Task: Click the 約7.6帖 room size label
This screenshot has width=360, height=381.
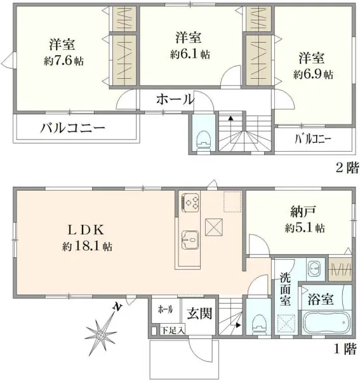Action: coord(64,62)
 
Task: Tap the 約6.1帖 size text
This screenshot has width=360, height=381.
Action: coord(190,55)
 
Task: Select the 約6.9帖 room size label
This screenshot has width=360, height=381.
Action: coord(312,74)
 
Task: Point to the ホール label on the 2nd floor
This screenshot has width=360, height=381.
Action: coord(175,99)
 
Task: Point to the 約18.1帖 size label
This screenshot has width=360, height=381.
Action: coord(87,246)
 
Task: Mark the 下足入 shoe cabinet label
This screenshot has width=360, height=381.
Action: coord(171,330)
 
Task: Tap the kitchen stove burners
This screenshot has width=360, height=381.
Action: coord(191,202)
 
